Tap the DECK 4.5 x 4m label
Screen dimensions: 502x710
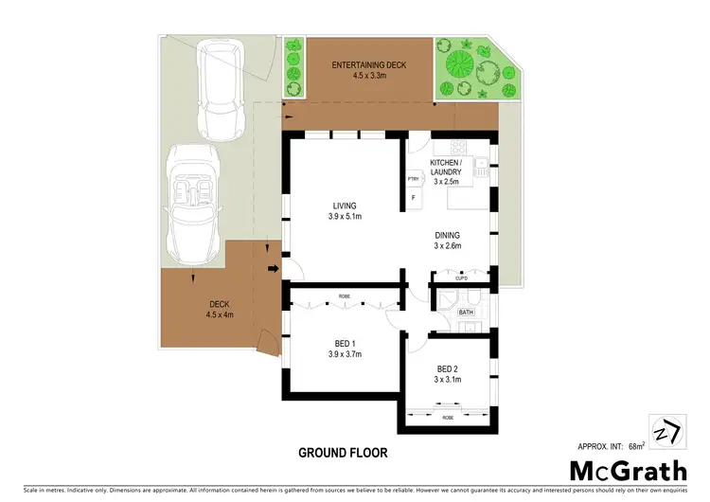coord(220,310)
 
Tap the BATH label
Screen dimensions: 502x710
coord(466,312)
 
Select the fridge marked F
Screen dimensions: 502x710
coord(414,199)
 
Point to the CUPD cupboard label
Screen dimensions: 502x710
coord(461,278)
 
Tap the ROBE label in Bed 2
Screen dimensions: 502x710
coord(447,416)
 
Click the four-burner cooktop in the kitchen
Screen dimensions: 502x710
coord(458,146)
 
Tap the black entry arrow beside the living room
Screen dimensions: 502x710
coord(273,270)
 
